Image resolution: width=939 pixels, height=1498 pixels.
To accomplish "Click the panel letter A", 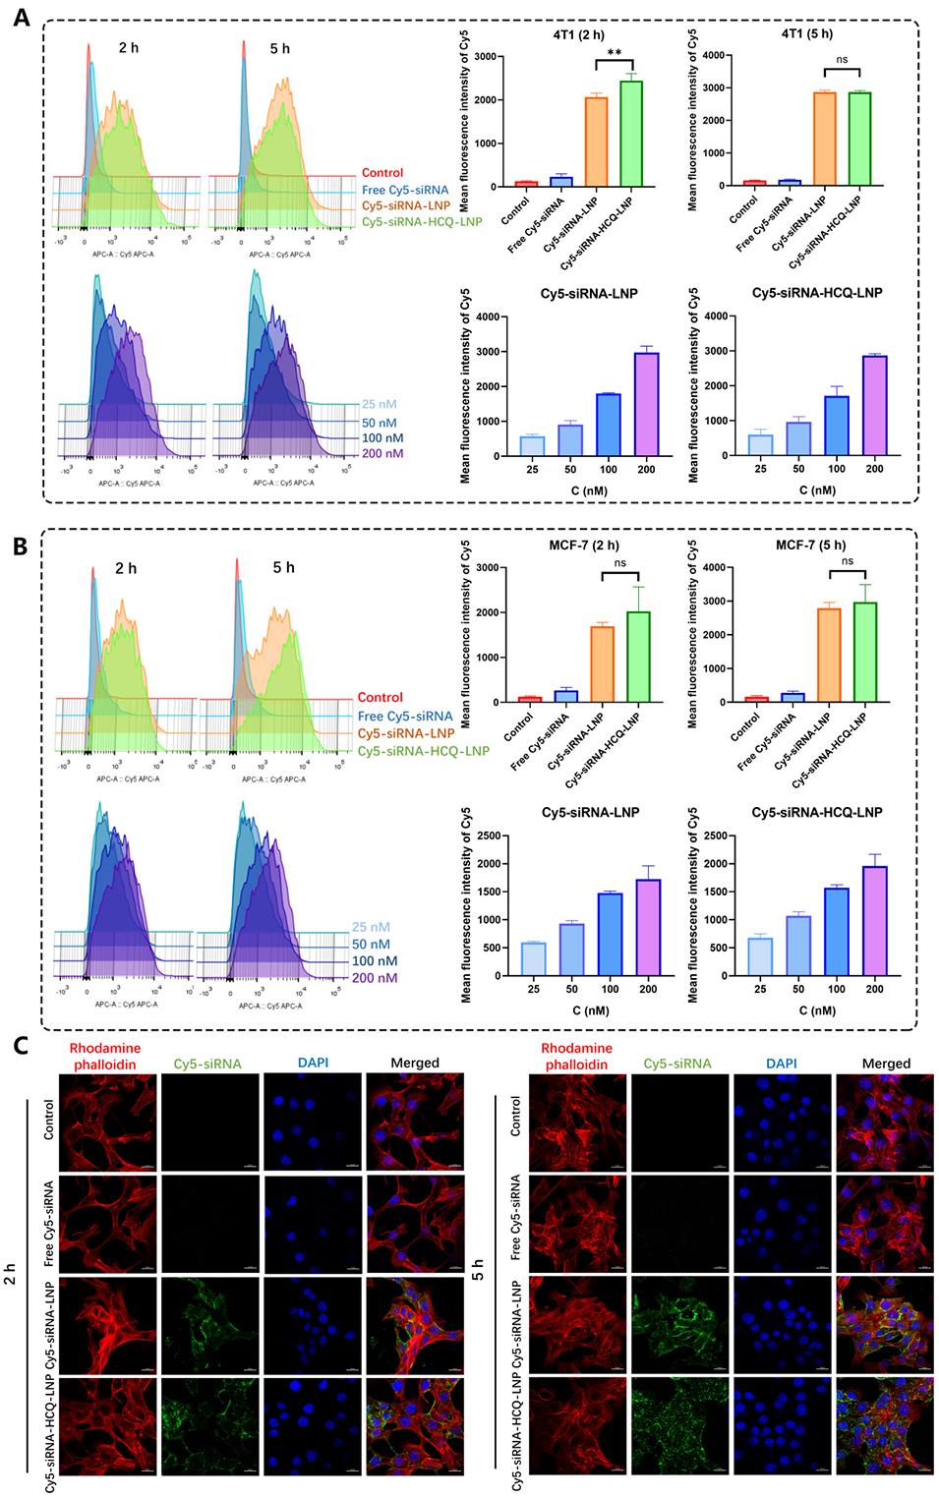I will (x=20, y=17).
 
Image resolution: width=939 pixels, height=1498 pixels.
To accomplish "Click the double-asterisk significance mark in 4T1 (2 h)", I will (x=615, y=53).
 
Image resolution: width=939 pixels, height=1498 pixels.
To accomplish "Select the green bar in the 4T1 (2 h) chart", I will (x=631, y=134).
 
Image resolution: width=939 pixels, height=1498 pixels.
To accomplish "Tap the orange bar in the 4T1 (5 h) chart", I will (x=824, y=139).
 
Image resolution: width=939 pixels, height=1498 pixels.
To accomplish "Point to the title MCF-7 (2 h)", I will (x=584, y=546).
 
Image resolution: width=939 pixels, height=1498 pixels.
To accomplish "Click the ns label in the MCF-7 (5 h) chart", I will (x=848, y=561).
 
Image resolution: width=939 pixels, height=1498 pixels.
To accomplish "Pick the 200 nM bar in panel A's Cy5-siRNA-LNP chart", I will (x=646, y=404).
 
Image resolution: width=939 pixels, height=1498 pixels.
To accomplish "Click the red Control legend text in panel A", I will (x=382, y=173).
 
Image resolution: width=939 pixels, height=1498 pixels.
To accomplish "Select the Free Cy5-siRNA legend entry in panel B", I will (x=405, y=717).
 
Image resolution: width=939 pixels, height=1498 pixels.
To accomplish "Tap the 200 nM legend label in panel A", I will (x=382, y=454).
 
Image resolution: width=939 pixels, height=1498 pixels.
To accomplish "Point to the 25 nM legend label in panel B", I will (x=371, y=927).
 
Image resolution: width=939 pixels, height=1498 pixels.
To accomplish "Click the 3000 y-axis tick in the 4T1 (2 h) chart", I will (x=485, y=57).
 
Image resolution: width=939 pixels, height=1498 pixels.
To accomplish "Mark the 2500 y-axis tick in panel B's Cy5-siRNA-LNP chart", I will (x=489, y=836).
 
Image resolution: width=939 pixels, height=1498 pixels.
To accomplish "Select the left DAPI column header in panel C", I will (x=313, y=1063).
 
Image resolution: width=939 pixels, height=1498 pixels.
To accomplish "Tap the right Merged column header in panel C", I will (x=886, y=1064).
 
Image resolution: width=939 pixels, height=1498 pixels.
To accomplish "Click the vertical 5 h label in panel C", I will (x=478, y=1270).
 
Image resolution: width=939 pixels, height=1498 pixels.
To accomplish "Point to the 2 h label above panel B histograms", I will (x=126, y=568).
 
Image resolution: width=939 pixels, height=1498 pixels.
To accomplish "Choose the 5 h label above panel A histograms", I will (x=280, y=48).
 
